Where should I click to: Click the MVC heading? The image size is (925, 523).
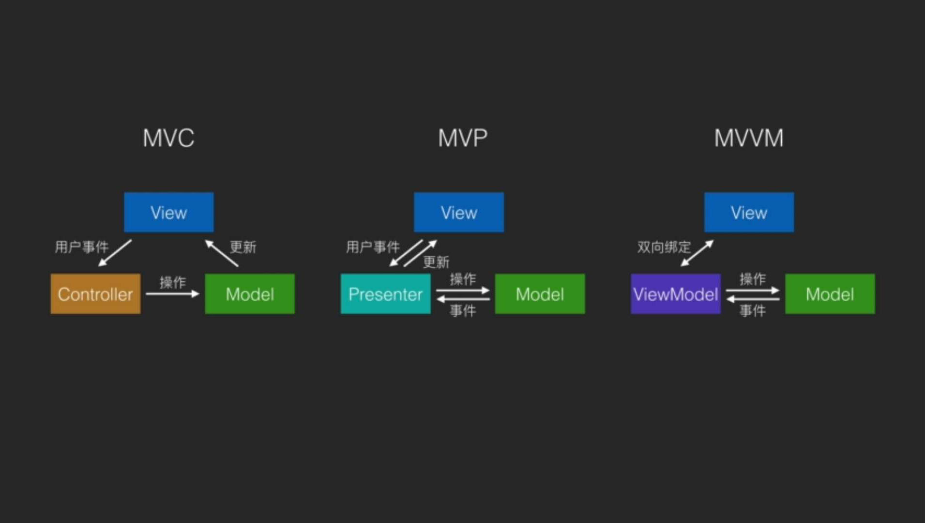pos(168,138)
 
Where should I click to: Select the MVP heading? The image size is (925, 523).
pos(462,138)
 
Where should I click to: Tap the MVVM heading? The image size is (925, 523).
pos(748,138)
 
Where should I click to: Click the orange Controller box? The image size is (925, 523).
pos(95,294)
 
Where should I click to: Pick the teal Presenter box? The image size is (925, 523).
pos(385,294)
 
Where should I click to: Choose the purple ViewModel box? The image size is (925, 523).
pos(675,294)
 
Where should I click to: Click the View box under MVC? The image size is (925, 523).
pos(168,212)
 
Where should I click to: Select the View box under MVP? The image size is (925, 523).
pos(458,212)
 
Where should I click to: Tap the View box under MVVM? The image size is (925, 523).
pos(748,212)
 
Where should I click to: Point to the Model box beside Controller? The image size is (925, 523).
pos(249,294)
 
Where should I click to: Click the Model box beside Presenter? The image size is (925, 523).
pos(540,294)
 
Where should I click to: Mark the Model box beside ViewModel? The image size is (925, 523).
pos(830,294)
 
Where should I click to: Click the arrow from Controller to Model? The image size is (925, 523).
pos(172,293)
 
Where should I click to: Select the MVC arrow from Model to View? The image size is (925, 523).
pos(222,253)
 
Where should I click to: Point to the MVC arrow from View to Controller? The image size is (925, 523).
pos(115,253)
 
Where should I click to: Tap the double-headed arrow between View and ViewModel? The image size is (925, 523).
pos(697,253)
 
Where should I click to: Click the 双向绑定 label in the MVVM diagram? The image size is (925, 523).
pos(664,247)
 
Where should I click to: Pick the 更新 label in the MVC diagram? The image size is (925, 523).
pos(243,247)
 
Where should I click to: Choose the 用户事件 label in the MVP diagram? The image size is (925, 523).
pos(372,247)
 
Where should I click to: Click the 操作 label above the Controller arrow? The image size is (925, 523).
pos(173,282)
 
